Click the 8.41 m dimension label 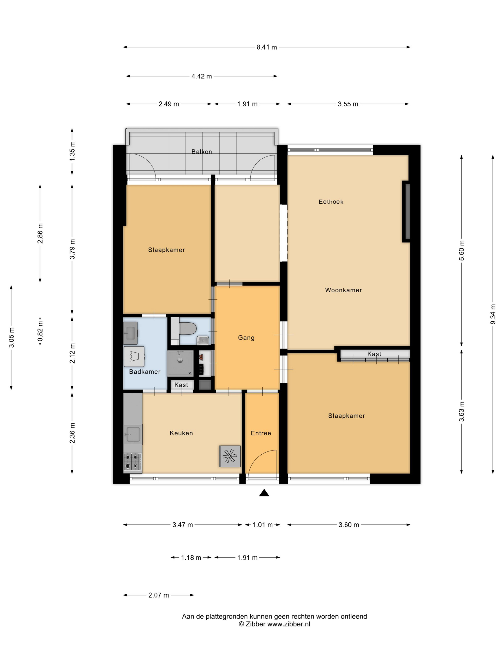267,47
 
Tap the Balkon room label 202,152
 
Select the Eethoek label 331,202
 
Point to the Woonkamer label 343,290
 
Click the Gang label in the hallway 246,338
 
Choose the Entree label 261,433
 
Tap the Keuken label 181,433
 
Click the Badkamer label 145,372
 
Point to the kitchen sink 133,434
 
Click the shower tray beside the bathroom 180,363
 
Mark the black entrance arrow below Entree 264,493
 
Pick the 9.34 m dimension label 493,314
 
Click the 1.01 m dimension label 263,525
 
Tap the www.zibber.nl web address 289,624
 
